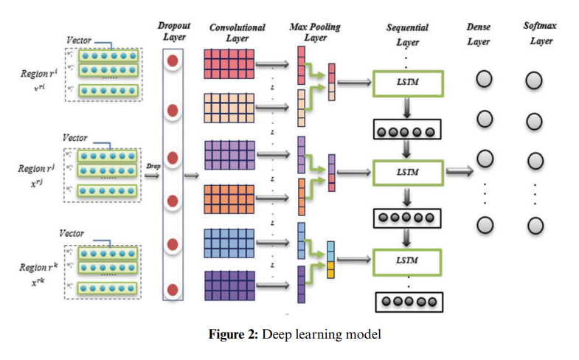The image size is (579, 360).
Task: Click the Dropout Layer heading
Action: (x=174, y=31)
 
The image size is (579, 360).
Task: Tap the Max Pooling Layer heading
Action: (x=315, y=32)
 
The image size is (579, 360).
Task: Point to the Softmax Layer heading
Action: (x=541, y=32)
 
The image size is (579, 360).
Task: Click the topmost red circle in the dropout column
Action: (x=173, y=61)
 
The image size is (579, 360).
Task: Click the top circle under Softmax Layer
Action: (x=534, y=80)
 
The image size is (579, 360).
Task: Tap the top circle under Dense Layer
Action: (x=484, y=80)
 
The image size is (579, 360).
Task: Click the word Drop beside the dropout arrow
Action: (x=153, y=166)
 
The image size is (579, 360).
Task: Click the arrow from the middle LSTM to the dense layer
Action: (x=460, y=173)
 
